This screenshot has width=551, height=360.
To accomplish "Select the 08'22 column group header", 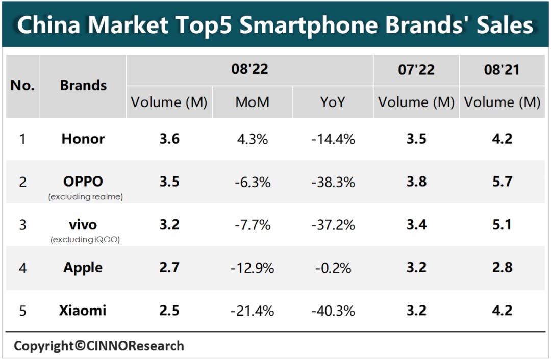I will [x=249, y=69].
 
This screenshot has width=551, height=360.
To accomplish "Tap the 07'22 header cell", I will [x=416, y=70].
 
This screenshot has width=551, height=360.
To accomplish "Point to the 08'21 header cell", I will [x=502, y=70].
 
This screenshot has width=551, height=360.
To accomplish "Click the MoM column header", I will [x=252, y=102].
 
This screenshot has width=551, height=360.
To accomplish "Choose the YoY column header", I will [x=333, y=102].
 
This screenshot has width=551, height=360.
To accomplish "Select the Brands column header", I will [x=83, y=85].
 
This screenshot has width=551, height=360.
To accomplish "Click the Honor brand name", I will [x=83, y=139].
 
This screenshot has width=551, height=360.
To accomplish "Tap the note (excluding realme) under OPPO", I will [x=86, y=197].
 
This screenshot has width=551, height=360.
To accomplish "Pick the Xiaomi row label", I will [x=83, y=310].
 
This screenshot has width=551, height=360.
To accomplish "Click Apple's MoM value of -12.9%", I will [x=252, y=268].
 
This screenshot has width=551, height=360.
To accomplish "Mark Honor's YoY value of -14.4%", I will [x=333, y=139].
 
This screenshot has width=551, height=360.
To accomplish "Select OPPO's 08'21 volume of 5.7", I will [x=502, y=182].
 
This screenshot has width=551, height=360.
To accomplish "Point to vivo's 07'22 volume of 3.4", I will [x=416, y=224].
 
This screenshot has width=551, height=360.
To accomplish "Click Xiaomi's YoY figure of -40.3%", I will [x=333, y=311].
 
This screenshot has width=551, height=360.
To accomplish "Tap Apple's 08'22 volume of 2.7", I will [x=169, y=268].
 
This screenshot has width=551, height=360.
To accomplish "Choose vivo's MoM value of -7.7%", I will [x=252, y=224].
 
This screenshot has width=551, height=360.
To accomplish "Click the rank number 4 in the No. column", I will [x=22, y=268].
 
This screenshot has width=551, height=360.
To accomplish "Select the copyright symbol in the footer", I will [x=80, y=346].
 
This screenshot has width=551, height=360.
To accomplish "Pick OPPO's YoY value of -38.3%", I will [x=333, y=182].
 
